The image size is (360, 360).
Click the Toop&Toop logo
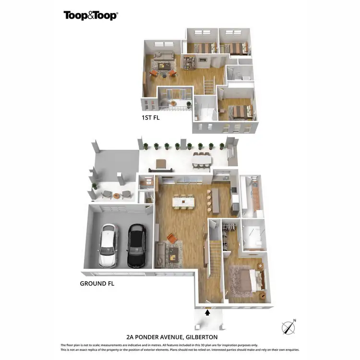[x=91, y=15]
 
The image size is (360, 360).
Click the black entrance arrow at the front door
[x=207, y=313]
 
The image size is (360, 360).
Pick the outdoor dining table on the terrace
[x=202, y=159]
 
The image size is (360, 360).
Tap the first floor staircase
[x=209, y=86]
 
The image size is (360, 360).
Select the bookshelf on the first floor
[x=189, y=62]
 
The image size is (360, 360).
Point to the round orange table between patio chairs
[x=117, y=195]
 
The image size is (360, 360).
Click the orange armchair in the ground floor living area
[x=171, y=238]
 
